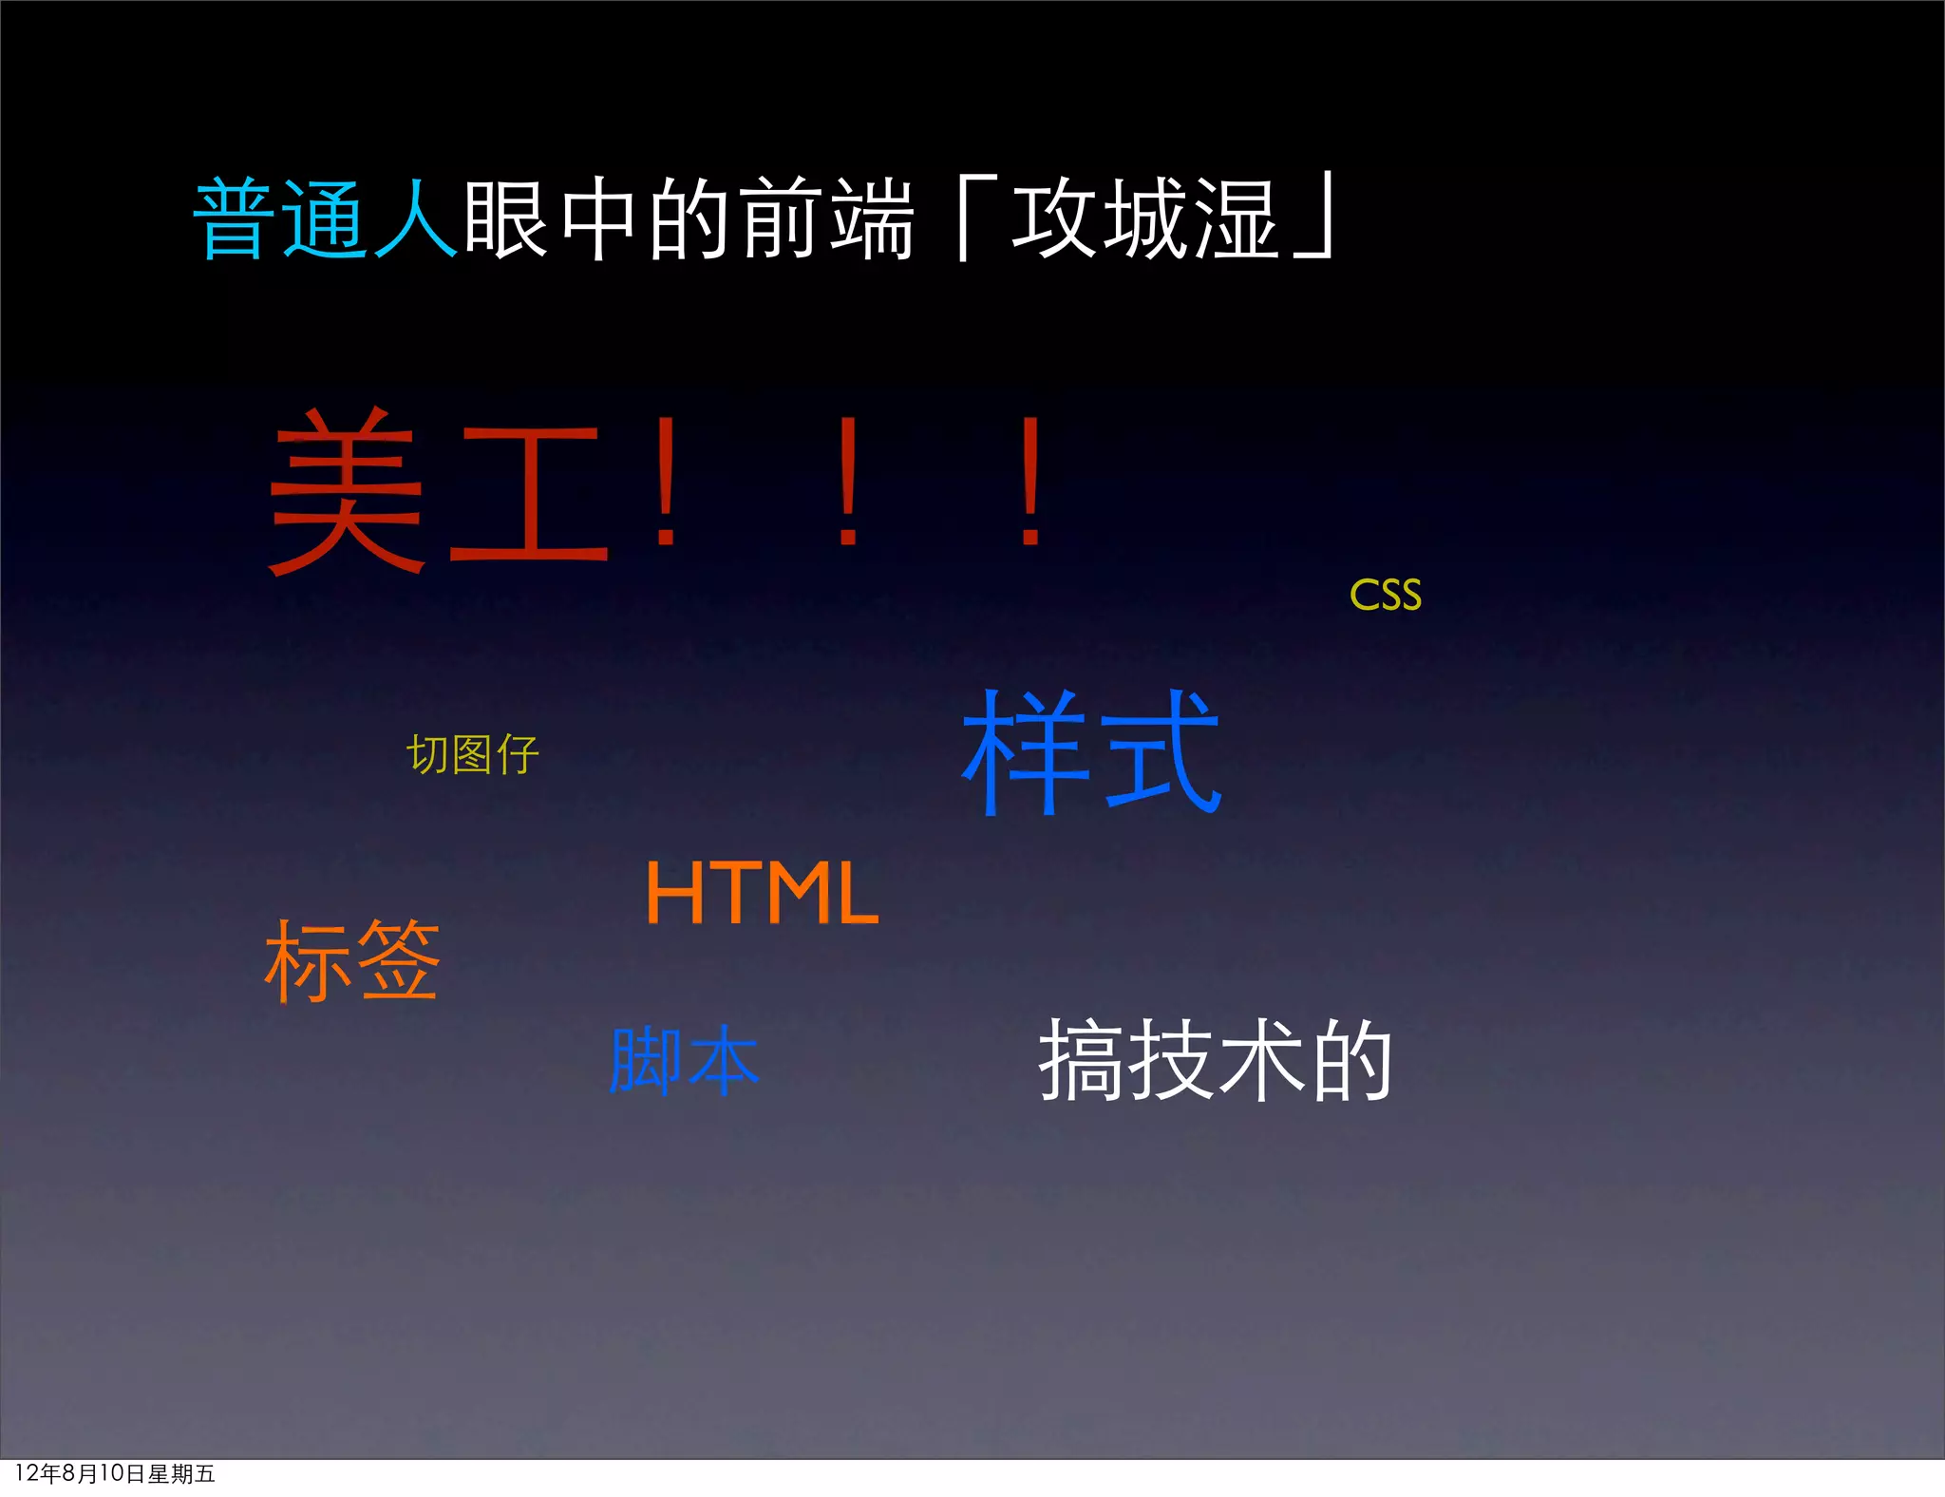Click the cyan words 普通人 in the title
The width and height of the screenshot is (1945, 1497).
[x=325, y=219]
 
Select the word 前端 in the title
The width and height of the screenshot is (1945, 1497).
[x=826, y=219]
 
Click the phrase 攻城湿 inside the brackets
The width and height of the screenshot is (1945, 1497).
[x=1144, y=219]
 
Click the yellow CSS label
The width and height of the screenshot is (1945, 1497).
[x=1386, y=596]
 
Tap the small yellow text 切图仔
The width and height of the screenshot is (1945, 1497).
[x=472, y=755]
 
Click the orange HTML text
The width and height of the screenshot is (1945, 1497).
[x=762, y=892]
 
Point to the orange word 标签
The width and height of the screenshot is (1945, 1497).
[x=352, y=960]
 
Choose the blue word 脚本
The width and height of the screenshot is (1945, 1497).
[x=684, y=1060]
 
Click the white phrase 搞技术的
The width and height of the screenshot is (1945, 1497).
[x=1215, y=1060]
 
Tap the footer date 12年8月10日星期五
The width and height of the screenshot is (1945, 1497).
[x=115, y=1473]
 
